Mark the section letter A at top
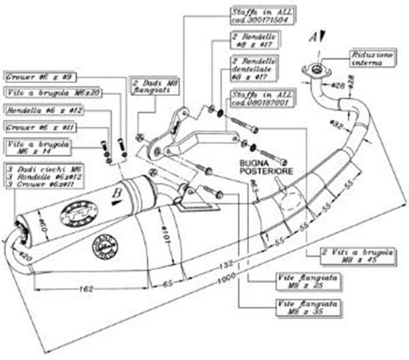tap(313, 36)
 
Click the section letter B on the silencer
tap(117, 194)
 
